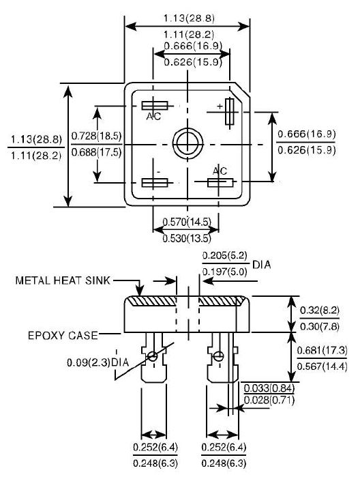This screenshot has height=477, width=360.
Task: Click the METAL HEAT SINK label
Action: (x=63, y=280)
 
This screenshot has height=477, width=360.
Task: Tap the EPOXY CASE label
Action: (x=63, y=335)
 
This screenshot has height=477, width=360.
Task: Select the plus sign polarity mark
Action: (x=220, y=106)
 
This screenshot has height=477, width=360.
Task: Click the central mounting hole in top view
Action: (x=188, y=143)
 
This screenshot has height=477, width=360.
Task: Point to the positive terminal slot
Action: (x=230, y=112)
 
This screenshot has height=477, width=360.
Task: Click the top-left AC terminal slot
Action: (x=155, y=106)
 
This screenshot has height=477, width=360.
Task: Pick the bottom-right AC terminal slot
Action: (x=220, y=182)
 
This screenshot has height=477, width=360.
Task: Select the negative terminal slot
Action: (x=155, y=182)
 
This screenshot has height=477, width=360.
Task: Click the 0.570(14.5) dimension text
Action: (x=187, y=222)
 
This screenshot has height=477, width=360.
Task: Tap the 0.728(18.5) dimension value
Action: (x=96, y=136)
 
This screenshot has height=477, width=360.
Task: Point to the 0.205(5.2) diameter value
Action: (x=225, y=255)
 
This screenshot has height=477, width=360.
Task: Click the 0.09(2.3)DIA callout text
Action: (x=98, y=362)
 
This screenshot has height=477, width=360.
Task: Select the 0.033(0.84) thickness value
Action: (x=269, y=388)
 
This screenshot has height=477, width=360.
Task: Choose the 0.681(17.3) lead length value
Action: (x=322, y=350)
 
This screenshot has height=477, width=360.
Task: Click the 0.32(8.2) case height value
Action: (x=320, y=310)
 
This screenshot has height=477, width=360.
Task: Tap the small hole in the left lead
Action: (x=152, y=356)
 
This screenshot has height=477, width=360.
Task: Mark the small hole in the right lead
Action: (x=218, y=356)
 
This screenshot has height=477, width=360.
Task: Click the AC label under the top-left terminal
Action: (x=153, y=116)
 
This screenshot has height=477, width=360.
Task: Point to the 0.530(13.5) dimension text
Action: (x=187, y=238)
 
